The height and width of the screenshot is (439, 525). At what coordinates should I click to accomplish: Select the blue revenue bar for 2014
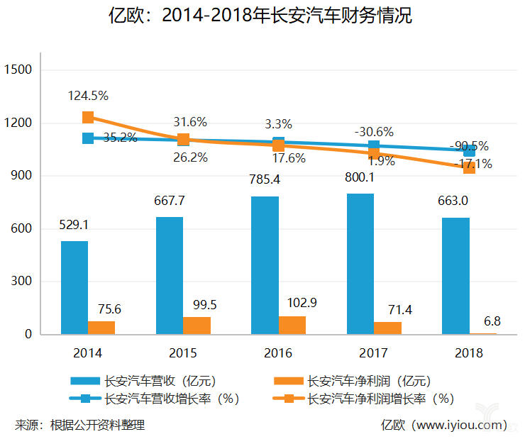pos(74,287)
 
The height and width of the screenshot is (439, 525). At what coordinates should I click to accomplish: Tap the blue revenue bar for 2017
pos(360,263)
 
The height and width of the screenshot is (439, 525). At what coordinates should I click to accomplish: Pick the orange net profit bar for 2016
pos(292,325)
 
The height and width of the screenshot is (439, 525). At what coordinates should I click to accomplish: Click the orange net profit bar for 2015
pos(197,326)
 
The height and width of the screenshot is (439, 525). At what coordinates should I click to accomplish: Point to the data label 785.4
pos(265,180)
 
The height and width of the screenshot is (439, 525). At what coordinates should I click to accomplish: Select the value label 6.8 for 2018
pos(492,321)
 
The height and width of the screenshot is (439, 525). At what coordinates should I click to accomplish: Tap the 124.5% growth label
pos(88,95)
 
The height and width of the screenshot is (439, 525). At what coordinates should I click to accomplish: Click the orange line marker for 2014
pos(88,117)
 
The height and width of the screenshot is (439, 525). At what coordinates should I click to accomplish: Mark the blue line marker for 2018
pos(469,150)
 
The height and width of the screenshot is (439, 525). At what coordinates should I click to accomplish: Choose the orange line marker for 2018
pos(469,167)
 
